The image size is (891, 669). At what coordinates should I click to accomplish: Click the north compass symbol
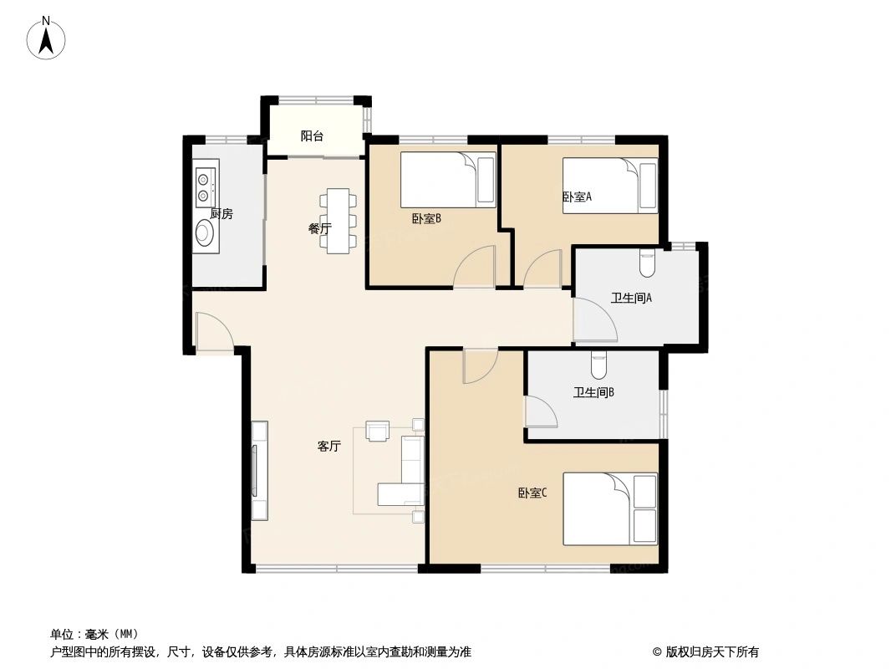(x=47, y=38)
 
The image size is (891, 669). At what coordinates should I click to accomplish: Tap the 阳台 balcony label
(x=312, y=135)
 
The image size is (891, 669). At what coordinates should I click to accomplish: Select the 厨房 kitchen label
(x=221, y=214)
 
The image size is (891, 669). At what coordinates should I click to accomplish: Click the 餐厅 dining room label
(x=320, y=228)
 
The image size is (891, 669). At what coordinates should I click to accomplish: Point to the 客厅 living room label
(x=328, y=447)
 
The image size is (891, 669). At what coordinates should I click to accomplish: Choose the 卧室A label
(x=577, y=197)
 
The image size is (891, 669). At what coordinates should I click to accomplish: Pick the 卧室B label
(x=425, y=219)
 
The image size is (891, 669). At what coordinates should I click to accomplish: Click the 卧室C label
(x=532, y=493)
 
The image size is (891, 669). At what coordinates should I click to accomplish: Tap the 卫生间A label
(x=631, y=298)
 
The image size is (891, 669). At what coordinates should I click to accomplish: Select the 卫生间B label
(x=593, y=392)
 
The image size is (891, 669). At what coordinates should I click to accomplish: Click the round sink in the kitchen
(x=205, y=234)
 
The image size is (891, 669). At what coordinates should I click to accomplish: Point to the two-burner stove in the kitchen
(x=205, y=186)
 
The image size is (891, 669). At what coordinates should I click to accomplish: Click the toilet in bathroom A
(x=647, y=263)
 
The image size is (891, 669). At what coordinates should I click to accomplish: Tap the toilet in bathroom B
(x=598, y=365)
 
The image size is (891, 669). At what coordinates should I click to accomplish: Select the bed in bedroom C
(x=609, y=508)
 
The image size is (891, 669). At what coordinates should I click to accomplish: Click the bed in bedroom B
(x=447, y=179)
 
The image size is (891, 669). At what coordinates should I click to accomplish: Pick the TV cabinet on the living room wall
(x=260, y=470)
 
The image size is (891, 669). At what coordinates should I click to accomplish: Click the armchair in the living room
(x=379, y=431)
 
